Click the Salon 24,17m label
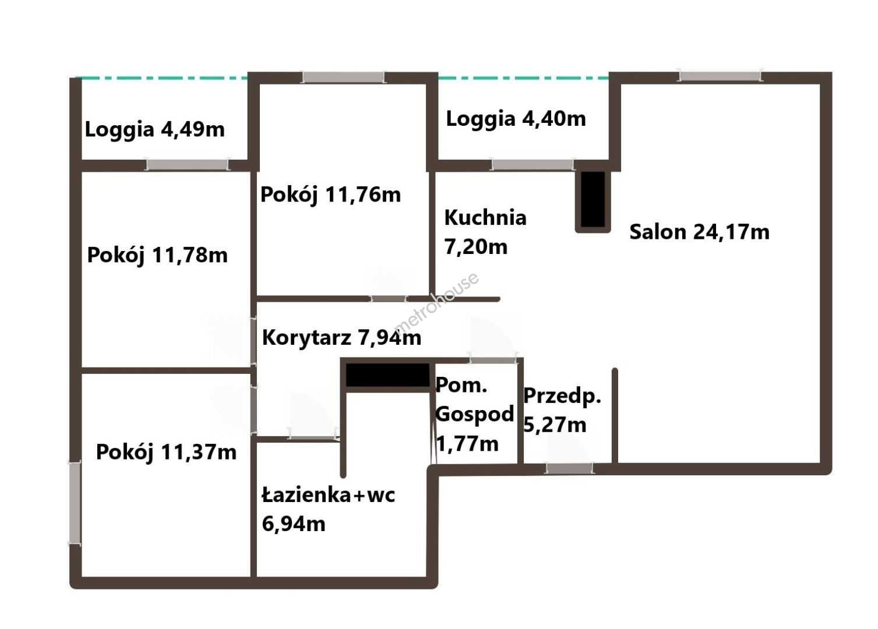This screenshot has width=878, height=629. point(699,232)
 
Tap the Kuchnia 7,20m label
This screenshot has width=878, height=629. point(485,232)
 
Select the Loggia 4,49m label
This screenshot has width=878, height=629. point(155,130)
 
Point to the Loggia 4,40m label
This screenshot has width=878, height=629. point(516,119)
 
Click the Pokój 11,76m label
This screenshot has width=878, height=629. point(331,195)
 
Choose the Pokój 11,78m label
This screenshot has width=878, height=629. point(157,255)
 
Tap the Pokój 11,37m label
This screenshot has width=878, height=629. point(166,453)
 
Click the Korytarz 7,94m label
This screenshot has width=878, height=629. point(341,337)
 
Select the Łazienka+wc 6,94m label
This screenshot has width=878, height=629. point(329,510)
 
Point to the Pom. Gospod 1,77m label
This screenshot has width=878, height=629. point(474,414)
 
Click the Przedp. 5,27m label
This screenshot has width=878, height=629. point(562,411)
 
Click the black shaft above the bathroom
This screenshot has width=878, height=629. point(387,375)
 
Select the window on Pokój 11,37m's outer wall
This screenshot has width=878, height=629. point(75,503)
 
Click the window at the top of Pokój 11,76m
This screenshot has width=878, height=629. point(343,77)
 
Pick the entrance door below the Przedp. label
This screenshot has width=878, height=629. point(569,468)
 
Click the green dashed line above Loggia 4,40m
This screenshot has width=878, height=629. point(523,79)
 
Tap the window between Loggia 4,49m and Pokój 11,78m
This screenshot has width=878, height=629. point(188,165)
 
